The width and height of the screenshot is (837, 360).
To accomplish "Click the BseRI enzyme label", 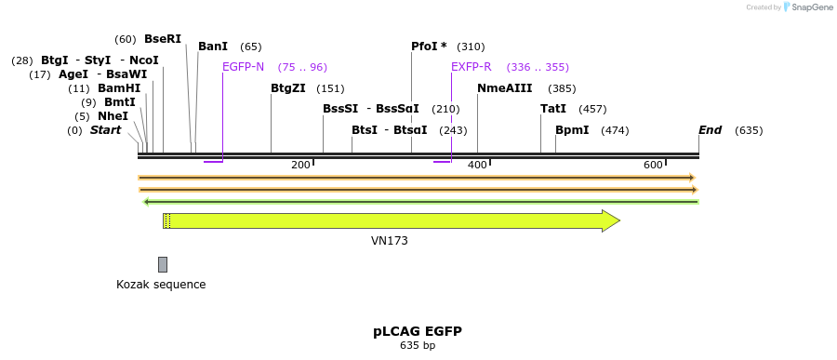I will point(163,39).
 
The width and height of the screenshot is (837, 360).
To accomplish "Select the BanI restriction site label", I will point(213,47).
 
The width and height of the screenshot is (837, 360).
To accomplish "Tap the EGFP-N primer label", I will point(243,67).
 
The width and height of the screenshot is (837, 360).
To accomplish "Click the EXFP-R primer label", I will point(471,67).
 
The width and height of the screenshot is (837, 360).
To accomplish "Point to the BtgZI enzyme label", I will point(287,88).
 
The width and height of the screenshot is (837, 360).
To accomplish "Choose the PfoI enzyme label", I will point(429,47).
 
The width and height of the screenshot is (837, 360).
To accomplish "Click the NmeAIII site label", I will point(504,88).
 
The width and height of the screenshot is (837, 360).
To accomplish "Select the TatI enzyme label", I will point(552,109).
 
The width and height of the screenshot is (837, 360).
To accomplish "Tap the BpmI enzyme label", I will point(572,130).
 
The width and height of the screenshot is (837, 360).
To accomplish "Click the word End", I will point(710,130).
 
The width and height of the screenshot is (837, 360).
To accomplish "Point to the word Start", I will point(105,130).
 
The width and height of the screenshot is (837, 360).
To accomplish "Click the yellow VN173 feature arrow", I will point(391,220).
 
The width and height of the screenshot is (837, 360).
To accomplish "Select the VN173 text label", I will point(389,241).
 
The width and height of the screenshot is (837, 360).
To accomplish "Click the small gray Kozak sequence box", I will point(163,265).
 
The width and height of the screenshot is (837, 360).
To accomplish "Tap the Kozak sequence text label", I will point(161,285).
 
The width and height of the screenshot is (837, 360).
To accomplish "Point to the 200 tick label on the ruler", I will point(300,166).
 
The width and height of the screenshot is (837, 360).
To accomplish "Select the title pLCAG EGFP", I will point(418,331).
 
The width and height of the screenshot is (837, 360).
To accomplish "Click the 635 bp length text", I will point(418,346).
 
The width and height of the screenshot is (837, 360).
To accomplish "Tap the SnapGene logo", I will point(807,7).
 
